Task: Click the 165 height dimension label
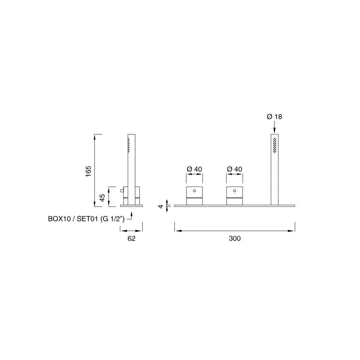pos(88,171)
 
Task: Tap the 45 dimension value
pos(102,198)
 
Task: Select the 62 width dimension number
pos(131,238)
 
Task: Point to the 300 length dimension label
pos(235,238)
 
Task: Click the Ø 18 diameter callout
pos(274,117)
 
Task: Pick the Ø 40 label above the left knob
pos(194,169)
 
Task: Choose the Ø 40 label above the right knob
pos(234,169)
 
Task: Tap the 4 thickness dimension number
pos(161,206)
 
